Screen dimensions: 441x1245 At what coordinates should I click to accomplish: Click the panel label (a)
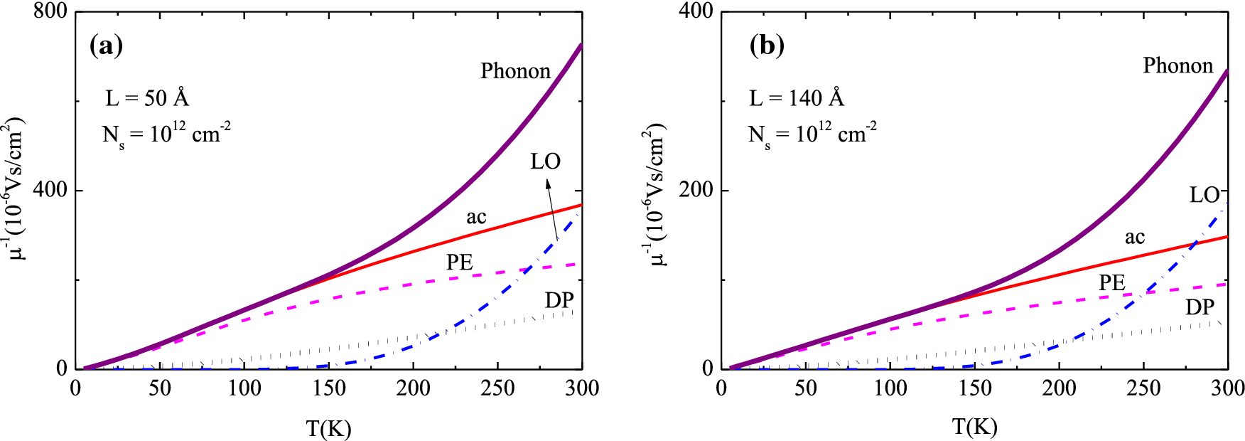(x=106, y=46)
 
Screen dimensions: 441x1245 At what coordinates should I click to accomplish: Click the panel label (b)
(x=767, y=46)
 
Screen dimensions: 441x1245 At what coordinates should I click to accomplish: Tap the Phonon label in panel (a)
(x=515, y=71)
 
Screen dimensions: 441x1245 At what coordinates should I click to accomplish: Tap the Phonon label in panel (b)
(x=1177, y=65)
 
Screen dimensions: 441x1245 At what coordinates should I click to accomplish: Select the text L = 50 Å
(x=147, y=97)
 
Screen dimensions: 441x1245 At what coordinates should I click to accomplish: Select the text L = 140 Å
(x=797, y=97)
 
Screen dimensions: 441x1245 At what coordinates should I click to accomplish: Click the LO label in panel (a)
(x=545, y=161)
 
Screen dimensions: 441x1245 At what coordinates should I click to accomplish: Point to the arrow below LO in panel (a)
(x=552, y=210)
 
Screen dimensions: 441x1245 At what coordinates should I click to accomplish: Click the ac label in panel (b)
(x=1134, y=237)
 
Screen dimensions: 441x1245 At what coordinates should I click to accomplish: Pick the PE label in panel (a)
(x=459, y=262)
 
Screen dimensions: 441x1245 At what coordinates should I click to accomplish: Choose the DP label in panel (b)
(x=1200, y=307)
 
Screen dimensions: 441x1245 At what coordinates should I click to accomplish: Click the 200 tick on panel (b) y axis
(x=696, y=191)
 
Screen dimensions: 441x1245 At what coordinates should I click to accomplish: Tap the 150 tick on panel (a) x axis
(x=328, y=388)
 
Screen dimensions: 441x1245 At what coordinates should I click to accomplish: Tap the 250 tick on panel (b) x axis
(x=1143, y=388)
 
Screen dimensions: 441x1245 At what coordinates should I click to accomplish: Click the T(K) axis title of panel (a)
(x=328, y=428)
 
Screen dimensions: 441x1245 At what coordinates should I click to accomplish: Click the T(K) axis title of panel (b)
(x=974, y=427)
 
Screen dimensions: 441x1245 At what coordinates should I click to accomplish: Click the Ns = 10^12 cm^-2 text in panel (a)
(x=166, y=134)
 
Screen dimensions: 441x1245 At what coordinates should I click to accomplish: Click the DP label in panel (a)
(x=559, y=300)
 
